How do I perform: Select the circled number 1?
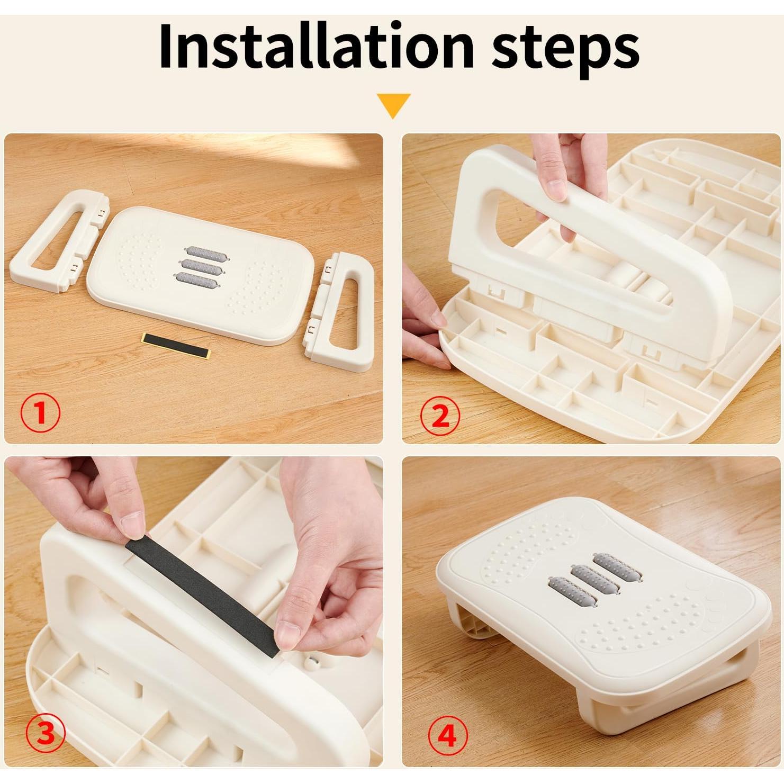[40, 413]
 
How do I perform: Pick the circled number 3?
[46, 735]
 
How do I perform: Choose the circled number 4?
[448, 735]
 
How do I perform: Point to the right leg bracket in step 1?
[342, 308]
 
